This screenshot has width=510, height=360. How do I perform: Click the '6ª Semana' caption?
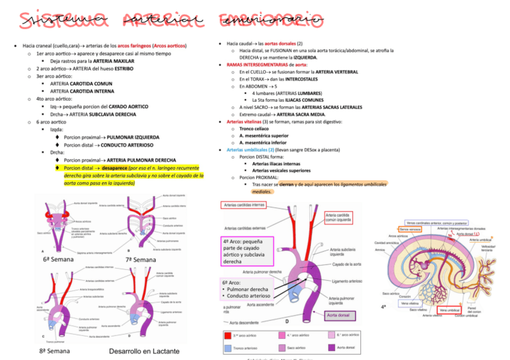coord(58,259)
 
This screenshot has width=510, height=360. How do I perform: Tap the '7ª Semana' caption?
coord(140,259)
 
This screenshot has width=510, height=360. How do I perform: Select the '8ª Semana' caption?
coord(55,350)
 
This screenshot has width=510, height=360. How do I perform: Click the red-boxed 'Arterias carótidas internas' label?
coord(244,205)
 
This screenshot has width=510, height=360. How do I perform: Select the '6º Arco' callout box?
coord(246,289)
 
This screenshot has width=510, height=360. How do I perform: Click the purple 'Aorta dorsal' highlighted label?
coord(339,314)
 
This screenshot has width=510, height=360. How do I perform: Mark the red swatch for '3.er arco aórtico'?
coord(228,335)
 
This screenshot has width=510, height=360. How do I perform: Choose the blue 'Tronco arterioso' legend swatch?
coord(228,347)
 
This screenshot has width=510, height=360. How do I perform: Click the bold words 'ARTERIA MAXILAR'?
coord(114,61)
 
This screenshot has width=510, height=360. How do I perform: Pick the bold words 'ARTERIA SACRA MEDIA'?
coord(301,114)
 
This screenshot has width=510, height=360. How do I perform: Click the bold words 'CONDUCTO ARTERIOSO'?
coord(126,145)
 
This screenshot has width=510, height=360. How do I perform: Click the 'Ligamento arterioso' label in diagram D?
coord(347,281)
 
